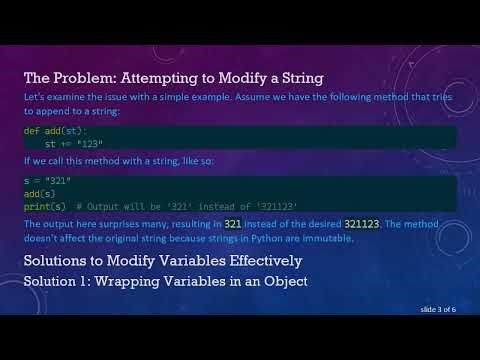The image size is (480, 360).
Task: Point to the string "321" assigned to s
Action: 53,179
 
